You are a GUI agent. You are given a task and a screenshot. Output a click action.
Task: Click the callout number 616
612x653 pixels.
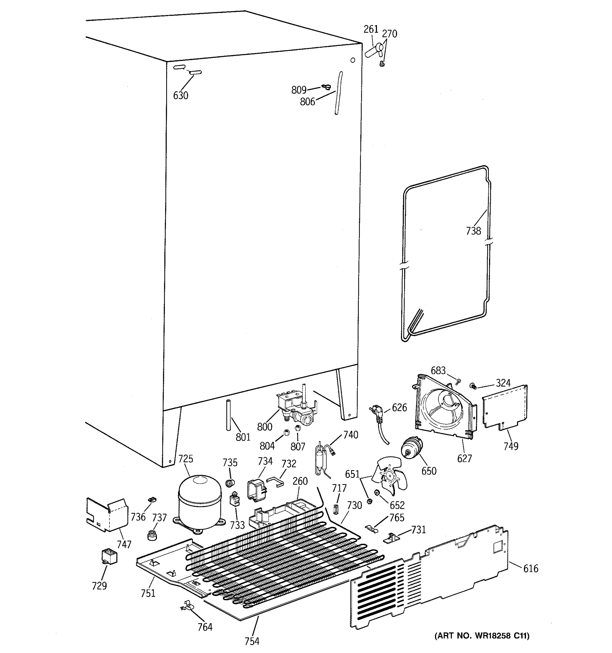[531, 569]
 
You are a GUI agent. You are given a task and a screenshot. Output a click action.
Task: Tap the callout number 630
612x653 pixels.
[181, 96]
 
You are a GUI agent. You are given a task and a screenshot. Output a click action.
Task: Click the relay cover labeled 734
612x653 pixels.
[256, 490]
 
